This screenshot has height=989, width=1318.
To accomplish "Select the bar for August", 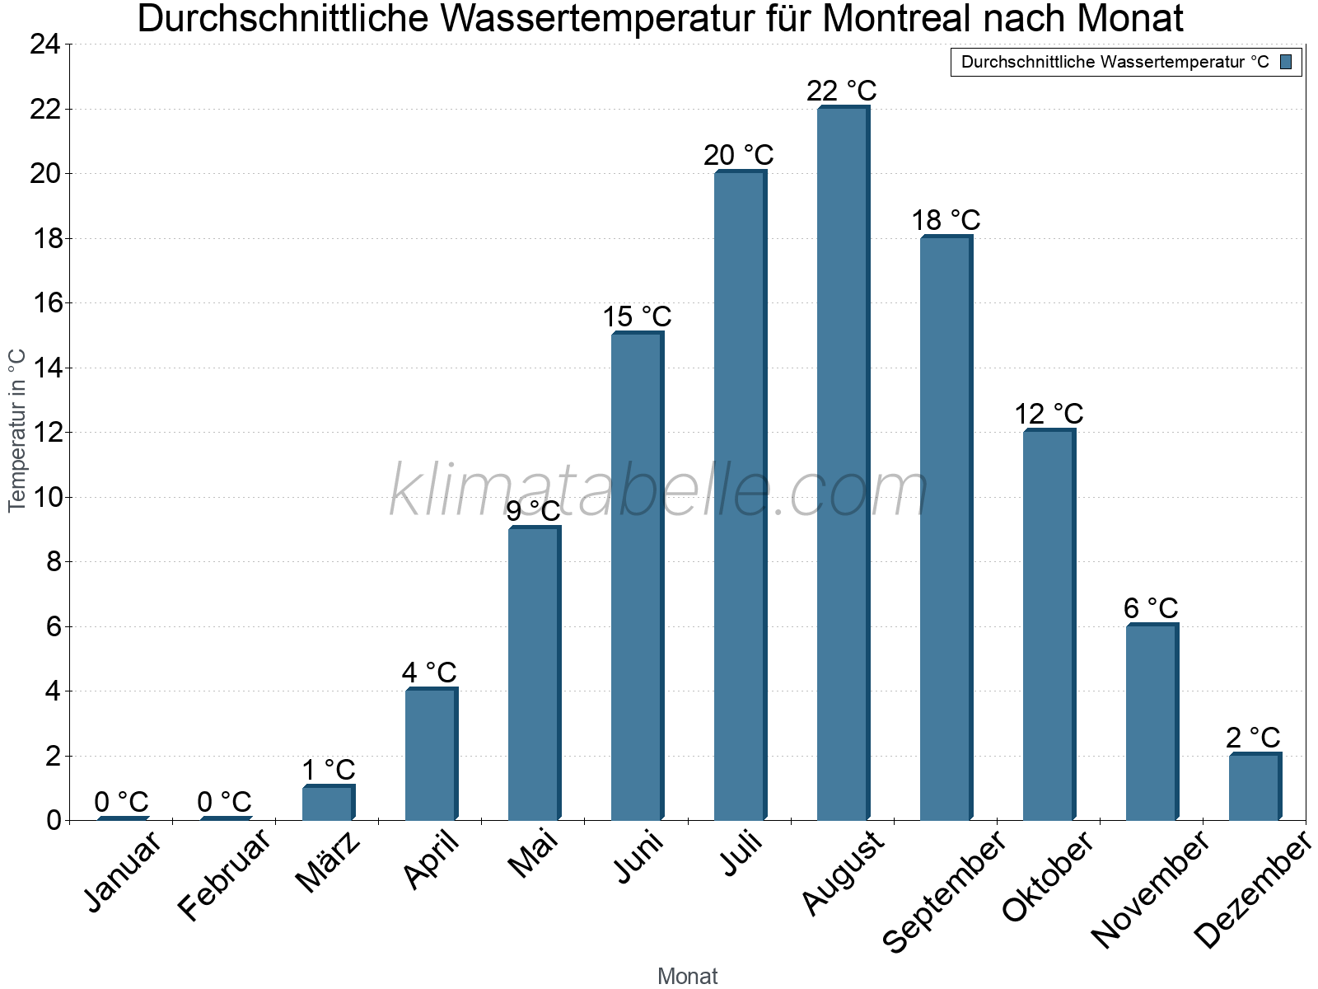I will (842, 463).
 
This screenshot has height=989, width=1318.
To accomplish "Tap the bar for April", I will (430, 754).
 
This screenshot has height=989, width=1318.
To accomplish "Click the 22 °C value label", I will (841, 90).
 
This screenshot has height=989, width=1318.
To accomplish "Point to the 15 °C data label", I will (637, 316).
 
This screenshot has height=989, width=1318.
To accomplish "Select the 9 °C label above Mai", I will (533, 511).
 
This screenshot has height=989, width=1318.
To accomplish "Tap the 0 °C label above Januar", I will (121, 801).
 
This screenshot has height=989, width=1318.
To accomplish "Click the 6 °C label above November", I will (1151, 608).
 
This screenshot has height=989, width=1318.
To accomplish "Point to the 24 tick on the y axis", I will (45, 45).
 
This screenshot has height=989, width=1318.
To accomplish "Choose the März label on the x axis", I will (328, 862).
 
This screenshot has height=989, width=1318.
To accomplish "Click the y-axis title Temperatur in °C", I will (17, 430).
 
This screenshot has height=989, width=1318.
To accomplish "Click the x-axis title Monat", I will (687, 976).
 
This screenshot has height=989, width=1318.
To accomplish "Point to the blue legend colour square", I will (1286, 62).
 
